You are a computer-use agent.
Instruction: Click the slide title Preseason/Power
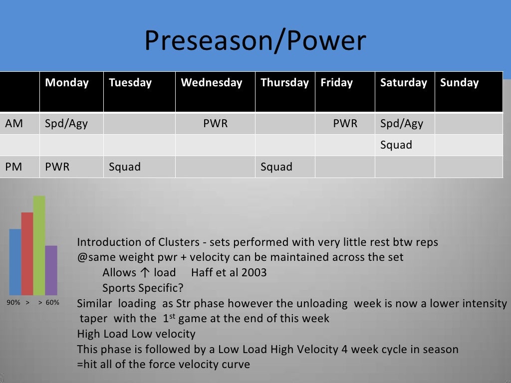(x=255, y=41)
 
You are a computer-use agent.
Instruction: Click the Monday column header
(x=67, y=83)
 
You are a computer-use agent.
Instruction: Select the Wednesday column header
(x=211, y=83)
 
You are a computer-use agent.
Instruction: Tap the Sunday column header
(x=459, y=83)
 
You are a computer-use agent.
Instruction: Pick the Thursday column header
(x=284, y=83)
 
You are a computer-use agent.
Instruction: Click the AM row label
(x=14, y=124)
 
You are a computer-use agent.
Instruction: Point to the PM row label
(x=14, y=167)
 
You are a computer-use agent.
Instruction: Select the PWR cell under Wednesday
(x=215, y=124)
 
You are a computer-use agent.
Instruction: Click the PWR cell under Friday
(x=345, y=124)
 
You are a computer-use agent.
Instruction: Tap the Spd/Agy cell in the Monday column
(x=66, y=124)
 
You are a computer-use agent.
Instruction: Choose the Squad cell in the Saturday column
(x=396, y=145)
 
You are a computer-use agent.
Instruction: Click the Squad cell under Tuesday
(x=125, y=167)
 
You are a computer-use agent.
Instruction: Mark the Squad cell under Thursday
(x=276, y=167)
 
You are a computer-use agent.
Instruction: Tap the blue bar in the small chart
(x=15, y=262)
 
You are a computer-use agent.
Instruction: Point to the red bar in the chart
(x=27, y=253)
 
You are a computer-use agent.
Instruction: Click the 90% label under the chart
(x=13, y=302)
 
